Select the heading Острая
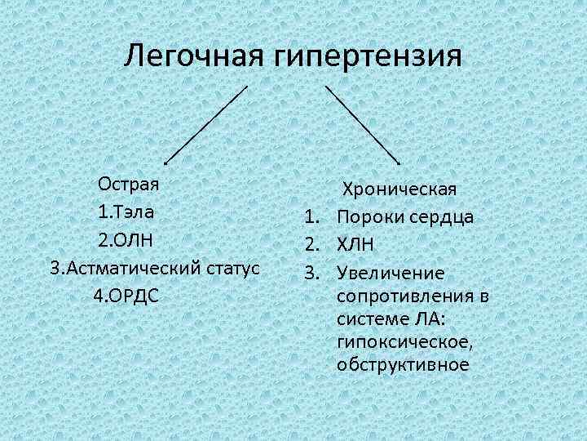[x=128, y=183]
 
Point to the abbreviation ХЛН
[x=355, y=244]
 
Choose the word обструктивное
[x=403, y=364]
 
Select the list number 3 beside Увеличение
[x=310, y=271]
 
